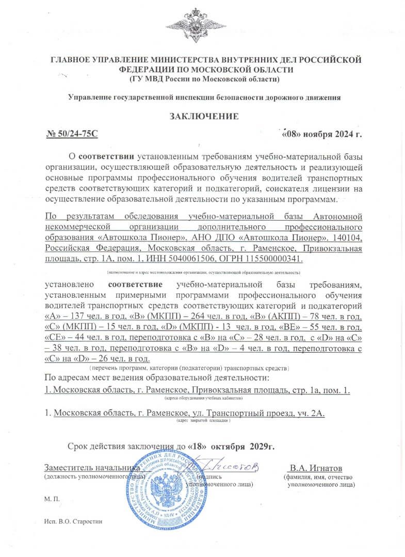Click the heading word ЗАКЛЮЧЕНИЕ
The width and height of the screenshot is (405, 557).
(204, 116)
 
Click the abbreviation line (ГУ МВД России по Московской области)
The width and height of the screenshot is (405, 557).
(204, 79)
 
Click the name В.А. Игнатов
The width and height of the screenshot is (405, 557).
(316, 468)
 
